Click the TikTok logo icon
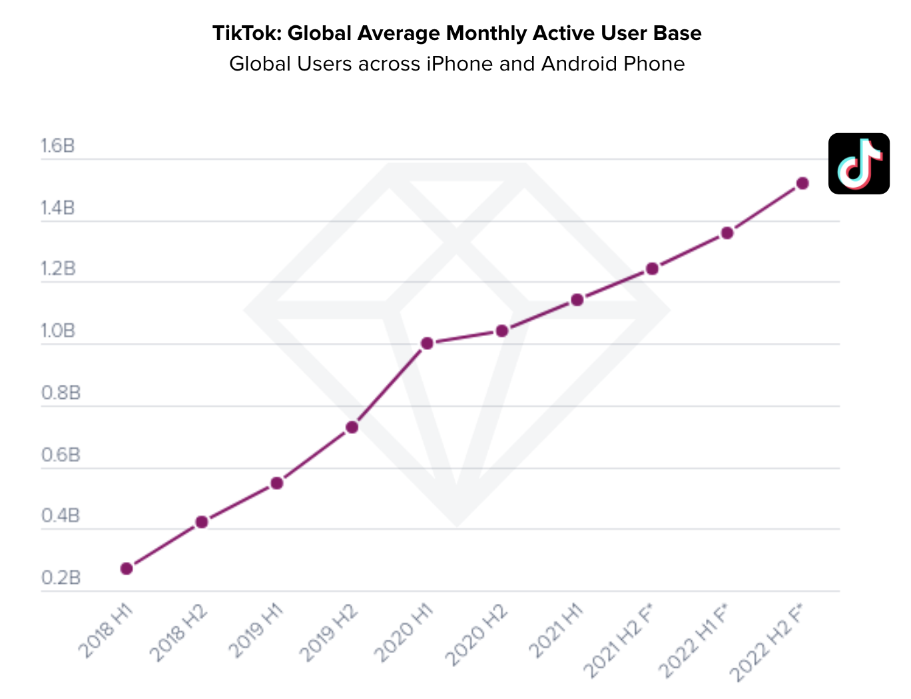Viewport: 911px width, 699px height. click(x=858, y=164)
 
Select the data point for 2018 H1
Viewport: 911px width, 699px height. click(x=127, y=569)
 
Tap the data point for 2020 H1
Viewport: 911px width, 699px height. click(x=427, y=344)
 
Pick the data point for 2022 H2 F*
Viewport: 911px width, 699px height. click(x=802, y=183)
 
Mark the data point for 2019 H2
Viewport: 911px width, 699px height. click(x=352, y=427)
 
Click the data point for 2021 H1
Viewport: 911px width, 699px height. click(x=577, y=300)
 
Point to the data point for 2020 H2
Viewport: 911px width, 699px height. click(x=502, y=331)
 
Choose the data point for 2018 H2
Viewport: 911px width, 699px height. click(x=202, y=522)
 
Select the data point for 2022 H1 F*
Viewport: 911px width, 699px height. click(x=727, y=233)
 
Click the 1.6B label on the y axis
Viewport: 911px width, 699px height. click(x=58, y=146)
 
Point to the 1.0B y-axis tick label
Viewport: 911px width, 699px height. click(x=58, y=331)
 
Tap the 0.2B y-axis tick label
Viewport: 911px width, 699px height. click(x=61, y=578)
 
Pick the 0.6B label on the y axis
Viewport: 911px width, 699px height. click(x=61, y=455)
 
